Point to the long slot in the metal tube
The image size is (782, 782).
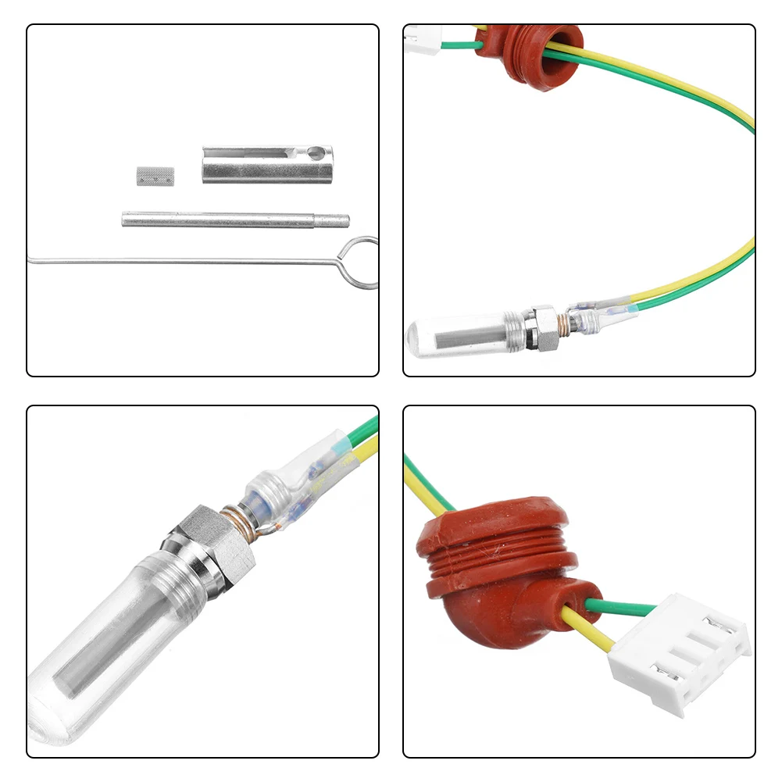[254, 156]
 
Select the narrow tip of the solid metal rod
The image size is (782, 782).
[337, 221]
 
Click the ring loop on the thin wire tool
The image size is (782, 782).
[359, 262]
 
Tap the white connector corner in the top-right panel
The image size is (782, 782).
[423, 34]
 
